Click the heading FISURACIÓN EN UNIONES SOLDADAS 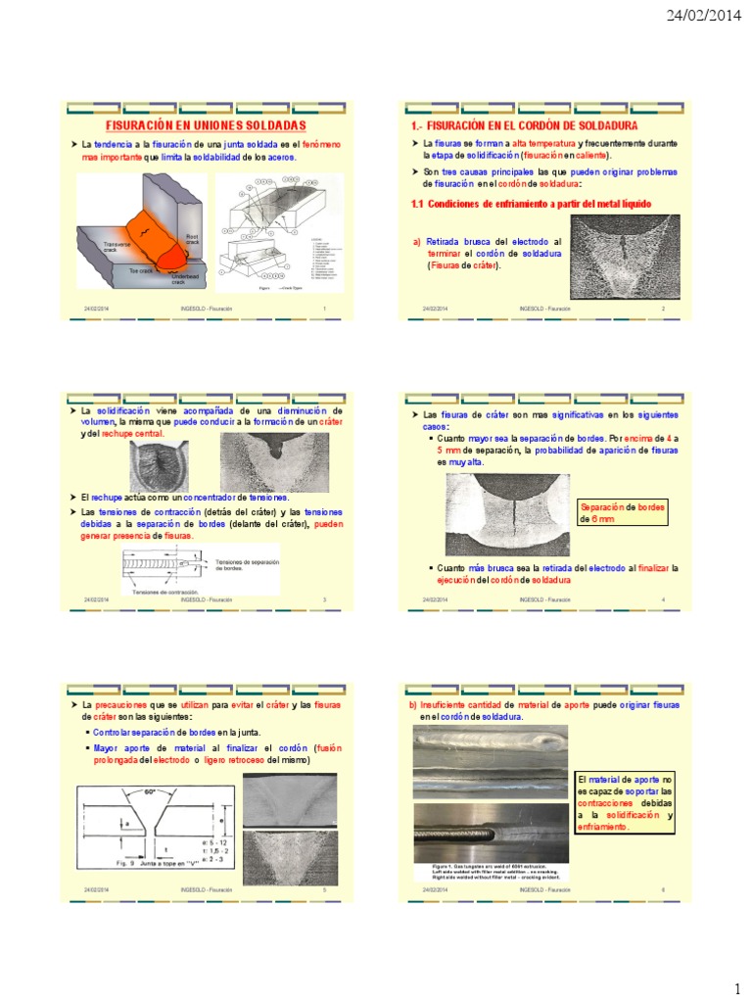pyautogui.click(x=206, y=126)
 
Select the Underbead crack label pyautogui.click(x=183, y=280)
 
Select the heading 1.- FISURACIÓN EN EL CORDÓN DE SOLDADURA pyautogui.click(x=524, y=126)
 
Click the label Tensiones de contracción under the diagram pyautogui.click(x=161, y=593)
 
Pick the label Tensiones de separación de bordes pyautogui.click(x=240, y=563)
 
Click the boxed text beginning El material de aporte pyautogui.click(x=625, y=801)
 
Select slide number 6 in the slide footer pyautogui.click(x=664, y=889)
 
